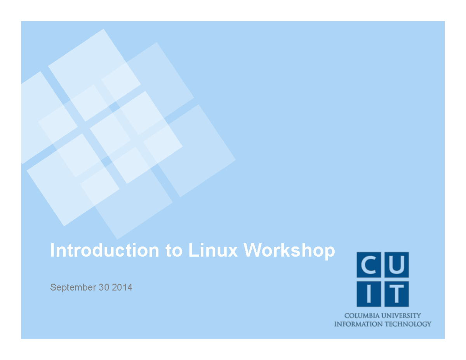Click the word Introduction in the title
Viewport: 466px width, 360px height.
(104, 250)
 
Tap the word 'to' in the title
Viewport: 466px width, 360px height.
(174, 250)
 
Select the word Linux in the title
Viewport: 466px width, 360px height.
(213, 250)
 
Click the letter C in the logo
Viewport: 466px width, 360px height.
(369, 265)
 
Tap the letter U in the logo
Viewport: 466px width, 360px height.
(396, 265)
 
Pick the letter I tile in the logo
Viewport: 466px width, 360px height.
(369, 293)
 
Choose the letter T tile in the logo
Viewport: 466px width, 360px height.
(396, 293)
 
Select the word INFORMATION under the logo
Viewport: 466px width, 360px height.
(358, 324)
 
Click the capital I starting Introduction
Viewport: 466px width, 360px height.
(52, 250)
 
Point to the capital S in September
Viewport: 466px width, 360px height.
(53, 288)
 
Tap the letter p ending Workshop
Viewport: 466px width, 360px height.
(330, 252)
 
